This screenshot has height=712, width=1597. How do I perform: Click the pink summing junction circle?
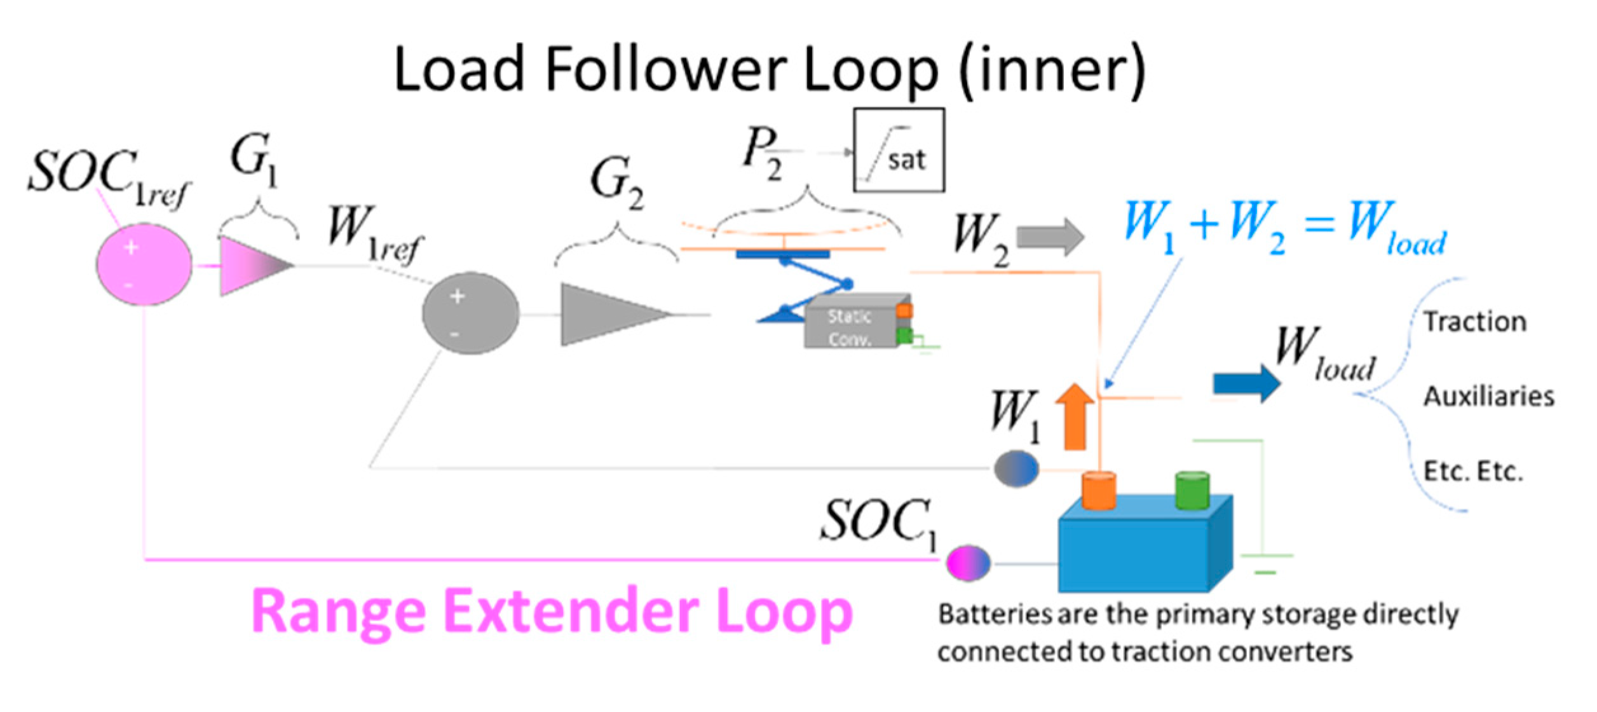(x=144, y=264)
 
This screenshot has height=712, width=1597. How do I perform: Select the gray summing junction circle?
(x=470, y=313)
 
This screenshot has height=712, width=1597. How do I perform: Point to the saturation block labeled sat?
(x=899, y=151)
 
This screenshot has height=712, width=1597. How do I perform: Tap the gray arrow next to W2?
(x=1050, y=237)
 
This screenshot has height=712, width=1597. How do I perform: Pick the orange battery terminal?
(x=1099, y=490)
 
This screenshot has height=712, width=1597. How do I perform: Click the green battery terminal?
(x=1192, y=489)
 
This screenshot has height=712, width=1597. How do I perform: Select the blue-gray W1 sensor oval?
(x=1016, y=469)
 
